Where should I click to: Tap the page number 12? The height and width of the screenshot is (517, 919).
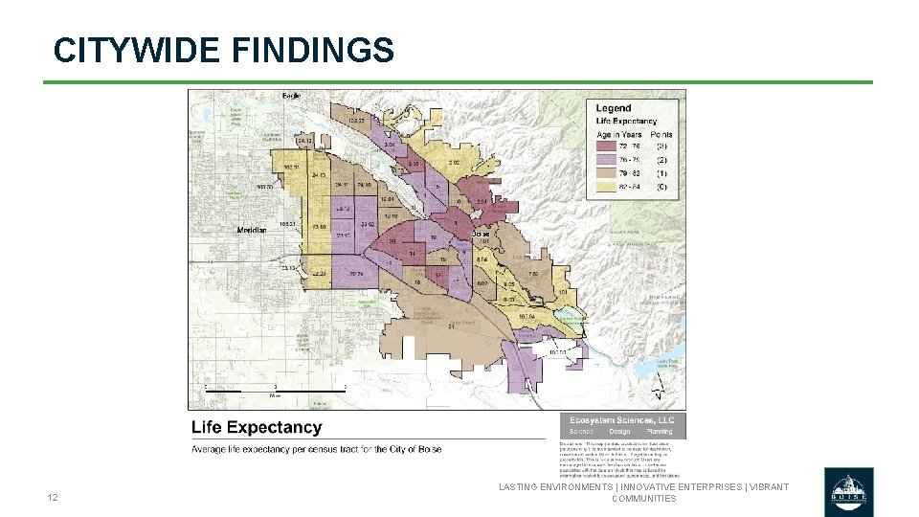[53, 498]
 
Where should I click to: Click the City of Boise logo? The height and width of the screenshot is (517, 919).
[848, 491]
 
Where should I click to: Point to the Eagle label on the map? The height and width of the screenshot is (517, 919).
[291, 96]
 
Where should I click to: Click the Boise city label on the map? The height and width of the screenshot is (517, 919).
[481, 234]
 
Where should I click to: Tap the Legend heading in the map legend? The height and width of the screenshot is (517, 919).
[614, 108]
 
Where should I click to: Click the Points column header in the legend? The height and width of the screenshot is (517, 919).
[662, 135]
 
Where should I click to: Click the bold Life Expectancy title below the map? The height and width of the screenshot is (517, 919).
[257, 428]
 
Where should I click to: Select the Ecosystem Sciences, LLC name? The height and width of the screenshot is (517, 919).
[622, 420]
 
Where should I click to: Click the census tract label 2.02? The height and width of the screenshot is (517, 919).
[454, 163]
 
